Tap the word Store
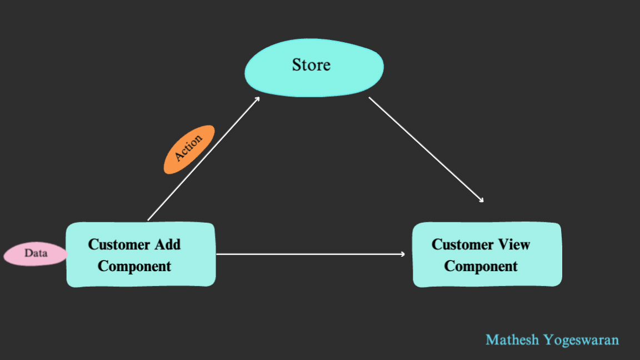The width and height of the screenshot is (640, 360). click(x=311, y=65)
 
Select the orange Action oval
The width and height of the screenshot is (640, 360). click(x=189, y=149)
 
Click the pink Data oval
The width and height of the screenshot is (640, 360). click(x=36, y=254)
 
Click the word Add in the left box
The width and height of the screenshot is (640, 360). click(x=167, y=244)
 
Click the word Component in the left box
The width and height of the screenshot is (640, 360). click(x=134, y=266)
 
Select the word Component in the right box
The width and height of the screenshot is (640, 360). click(x=481, y=266)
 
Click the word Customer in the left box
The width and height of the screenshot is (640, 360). click(x=119, y=244)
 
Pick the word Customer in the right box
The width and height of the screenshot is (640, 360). click(x=462, y=244)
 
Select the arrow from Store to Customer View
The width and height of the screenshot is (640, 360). click(x=425, y=148)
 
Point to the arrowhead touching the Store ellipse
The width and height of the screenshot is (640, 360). click(x=258, y=98)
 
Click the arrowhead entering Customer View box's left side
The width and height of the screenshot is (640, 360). click(x=403, y=254)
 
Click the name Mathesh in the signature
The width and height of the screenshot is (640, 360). click(x=512, y=339)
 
